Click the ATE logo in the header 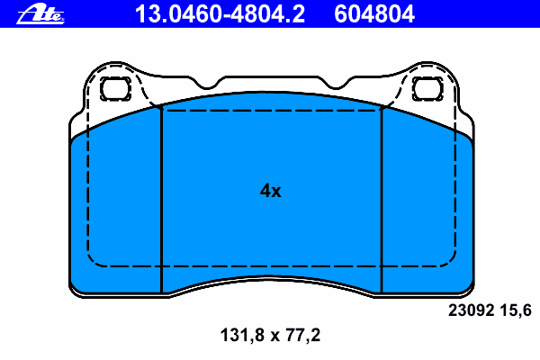tap(40, 14)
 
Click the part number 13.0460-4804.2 tap(220, 14)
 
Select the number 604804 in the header tap(374, 14)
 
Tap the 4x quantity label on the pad tap(270, 191)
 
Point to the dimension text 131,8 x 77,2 tap(270, 335)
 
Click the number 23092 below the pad tap(471, 310)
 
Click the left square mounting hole tap(115, 89)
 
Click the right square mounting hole tap(427, 89)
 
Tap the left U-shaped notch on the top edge tap(207, 85)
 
